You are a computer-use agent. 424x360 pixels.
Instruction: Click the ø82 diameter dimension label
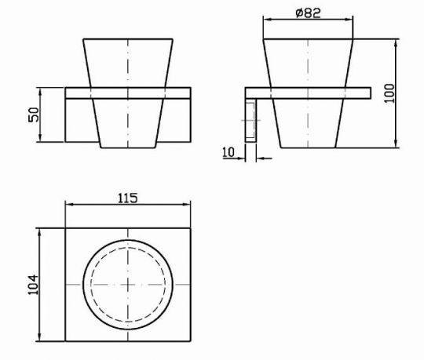pos(309,13)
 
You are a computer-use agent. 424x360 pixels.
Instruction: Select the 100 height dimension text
pos(389,93)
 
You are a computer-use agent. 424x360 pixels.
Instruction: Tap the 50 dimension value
pos(34,115)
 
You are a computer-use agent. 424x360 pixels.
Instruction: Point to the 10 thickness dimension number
pos(228,152)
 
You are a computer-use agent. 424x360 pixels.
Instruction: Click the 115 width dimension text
pos(128,198)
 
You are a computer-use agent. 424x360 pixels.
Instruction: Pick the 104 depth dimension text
pos(33,285)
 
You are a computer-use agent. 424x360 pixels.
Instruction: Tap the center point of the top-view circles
pos(128,285)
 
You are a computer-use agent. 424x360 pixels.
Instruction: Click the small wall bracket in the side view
pos(250,121)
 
